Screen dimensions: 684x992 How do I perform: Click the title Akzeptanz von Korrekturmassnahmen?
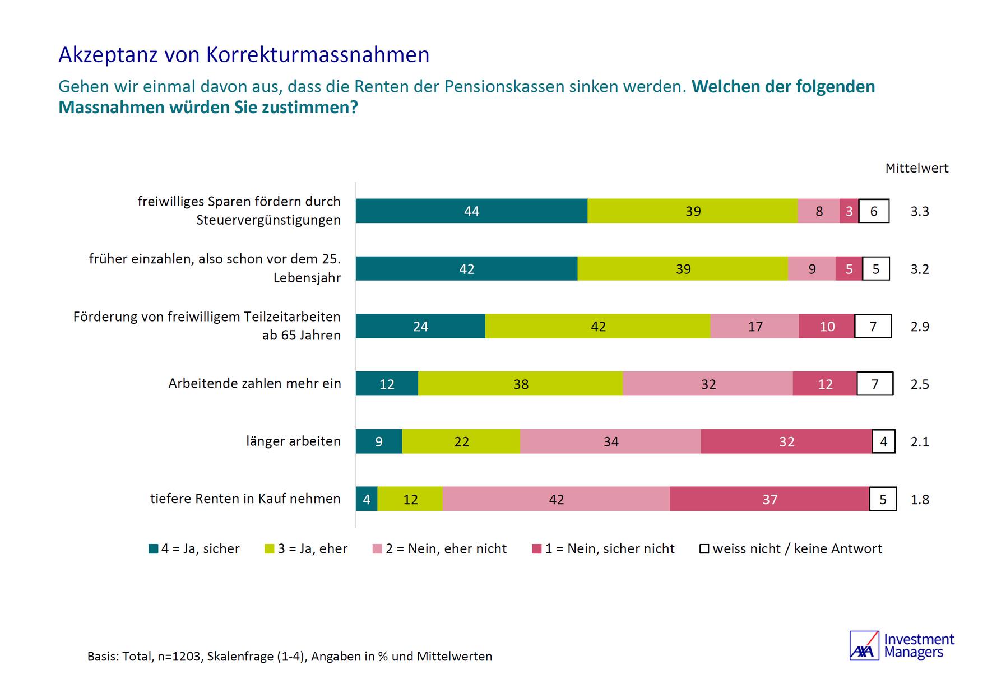click(244, 55)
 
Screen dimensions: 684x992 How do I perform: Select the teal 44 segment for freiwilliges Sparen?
click(471, 211)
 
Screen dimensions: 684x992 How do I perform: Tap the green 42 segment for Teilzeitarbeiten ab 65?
click(597, 327)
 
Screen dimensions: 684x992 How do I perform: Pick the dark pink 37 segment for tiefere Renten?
click(770, 499)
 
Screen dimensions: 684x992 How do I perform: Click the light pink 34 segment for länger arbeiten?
click(610, 441)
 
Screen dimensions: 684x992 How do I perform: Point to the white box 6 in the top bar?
click(874, 211)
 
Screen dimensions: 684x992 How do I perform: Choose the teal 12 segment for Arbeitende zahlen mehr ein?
click(387, 384)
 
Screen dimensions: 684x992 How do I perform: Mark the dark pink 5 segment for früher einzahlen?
click(849, 269)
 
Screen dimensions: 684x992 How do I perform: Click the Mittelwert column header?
click(916, 168)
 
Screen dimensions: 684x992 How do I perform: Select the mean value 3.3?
click(920, 211)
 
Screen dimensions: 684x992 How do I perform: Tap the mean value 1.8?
click(920, 499)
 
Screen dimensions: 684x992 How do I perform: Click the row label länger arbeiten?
click(293, 441)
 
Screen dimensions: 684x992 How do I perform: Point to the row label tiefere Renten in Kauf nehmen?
click(245, 499)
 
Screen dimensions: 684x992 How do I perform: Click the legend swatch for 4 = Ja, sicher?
click(153, 549)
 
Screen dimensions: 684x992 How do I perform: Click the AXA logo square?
click(864, 646)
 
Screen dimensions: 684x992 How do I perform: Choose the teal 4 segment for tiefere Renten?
click(367, 499)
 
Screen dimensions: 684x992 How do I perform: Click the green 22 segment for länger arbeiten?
click(461, 441)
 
